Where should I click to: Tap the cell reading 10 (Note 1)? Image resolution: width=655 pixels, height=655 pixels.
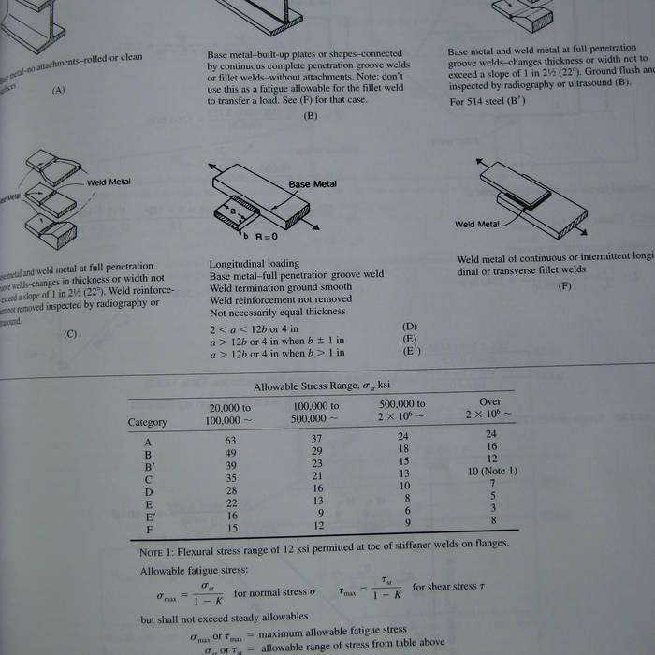491,471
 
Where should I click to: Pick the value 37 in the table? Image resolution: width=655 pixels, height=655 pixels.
317,440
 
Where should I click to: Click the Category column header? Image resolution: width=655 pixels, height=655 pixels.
147,422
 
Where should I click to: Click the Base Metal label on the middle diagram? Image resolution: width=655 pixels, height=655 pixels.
312,184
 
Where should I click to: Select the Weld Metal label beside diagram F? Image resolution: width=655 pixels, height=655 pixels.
477,225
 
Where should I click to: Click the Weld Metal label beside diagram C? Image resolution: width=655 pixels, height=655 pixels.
109,182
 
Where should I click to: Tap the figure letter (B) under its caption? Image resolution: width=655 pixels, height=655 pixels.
311,116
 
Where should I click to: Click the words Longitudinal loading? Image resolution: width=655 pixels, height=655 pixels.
254,264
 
